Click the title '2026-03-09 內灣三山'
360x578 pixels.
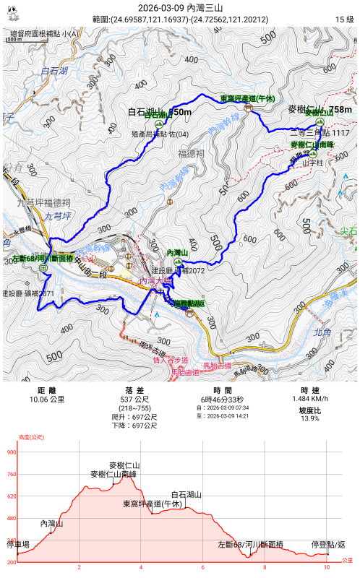click(x=180, y=7)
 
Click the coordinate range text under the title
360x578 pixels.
click(x=180, y=19)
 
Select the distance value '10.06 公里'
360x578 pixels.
click(x=46, y=399)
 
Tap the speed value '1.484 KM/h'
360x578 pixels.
click(x=309, y=399)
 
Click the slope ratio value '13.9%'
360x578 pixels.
click(x=309, y=418)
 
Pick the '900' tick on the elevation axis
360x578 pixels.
click(x=11, y=452)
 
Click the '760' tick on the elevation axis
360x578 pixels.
click(x=11, y=475)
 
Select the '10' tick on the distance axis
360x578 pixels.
click(x=327, y=567)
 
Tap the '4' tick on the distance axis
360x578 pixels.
click(x=141, y=567)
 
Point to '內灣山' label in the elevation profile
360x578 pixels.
click(x=52, y=523)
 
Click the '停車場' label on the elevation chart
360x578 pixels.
click(x=19, y=543)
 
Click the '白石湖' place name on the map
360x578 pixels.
click(x=54, y=71)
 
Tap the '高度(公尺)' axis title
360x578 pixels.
click(x=31, y=437)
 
